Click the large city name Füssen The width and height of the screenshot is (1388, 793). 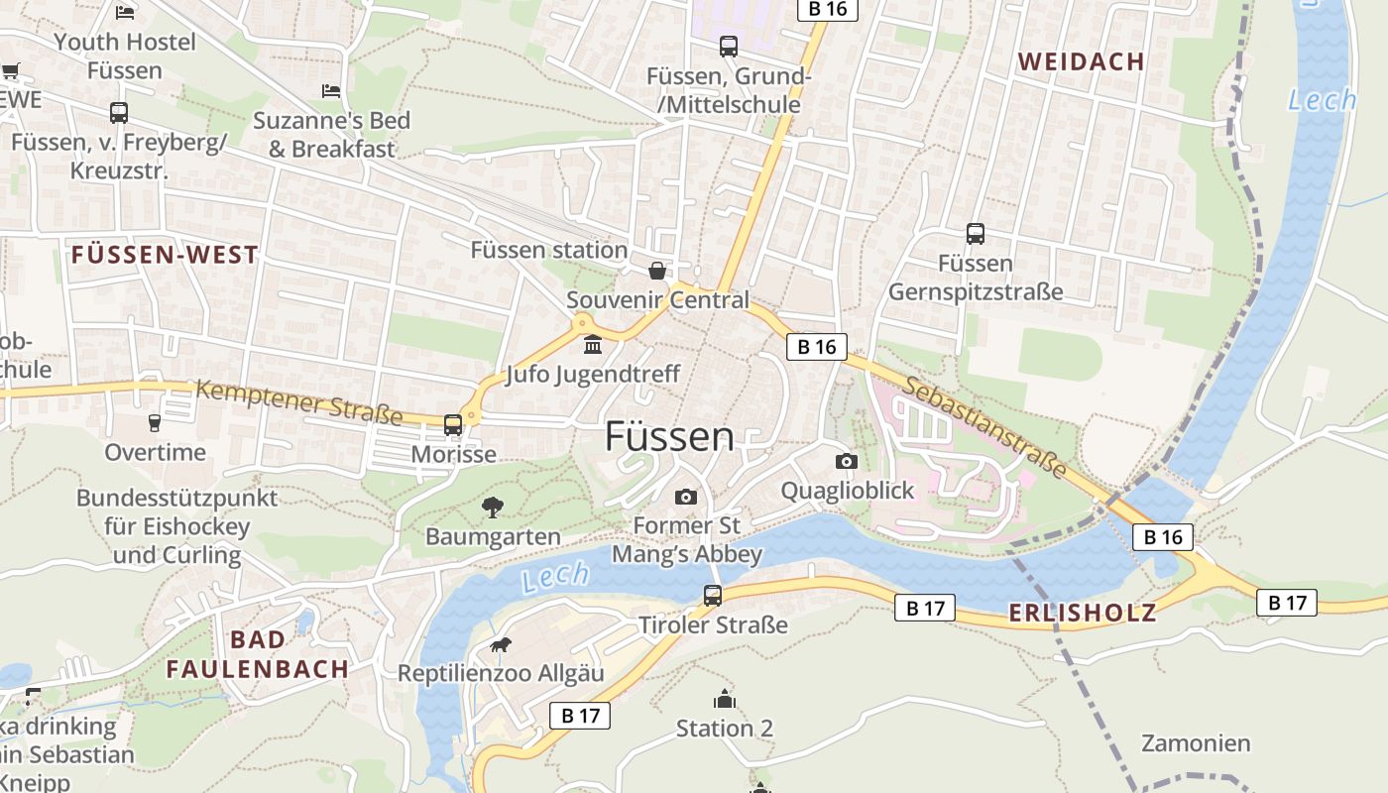[x=670, y=436]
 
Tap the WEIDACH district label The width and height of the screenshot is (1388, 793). [x=1082, y=61]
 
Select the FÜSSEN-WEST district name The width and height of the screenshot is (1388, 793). [x=165, y=255]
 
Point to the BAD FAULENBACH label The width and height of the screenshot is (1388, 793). [x=258, y=654]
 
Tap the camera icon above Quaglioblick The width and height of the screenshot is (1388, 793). [x=846, y=461]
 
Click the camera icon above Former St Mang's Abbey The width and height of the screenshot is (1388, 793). [x=685, y=497]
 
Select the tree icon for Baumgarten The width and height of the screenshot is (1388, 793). [x=492, y=508]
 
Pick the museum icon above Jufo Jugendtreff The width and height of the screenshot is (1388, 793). [x=593, y=345]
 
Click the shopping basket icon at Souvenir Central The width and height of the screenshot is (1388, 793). [x=656, y=271]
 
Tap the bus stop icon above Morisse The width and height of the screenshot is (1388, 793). [x=453, y=425]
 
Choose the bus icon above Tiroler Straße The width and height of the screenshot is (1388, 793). [x=713, y=596]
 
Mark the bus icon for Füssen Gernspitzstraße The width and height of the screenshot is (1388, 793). [x=976, y=234]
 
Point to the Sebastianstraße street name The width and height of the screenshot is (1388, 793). [x=984, y=423]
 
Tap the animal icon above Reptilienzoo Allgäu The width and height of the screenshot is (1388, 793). [x=501, y=645]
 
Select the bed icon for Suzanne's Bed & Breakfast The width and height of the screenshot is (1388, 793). [x=331, y=91]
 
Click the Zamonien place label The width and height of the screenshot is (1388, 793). [x=1196, y=742]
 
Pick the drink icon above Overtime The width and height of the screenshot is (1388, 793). [x=155, y=423]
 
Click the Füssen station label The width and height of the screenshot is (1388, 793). [x=548, y=250]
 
